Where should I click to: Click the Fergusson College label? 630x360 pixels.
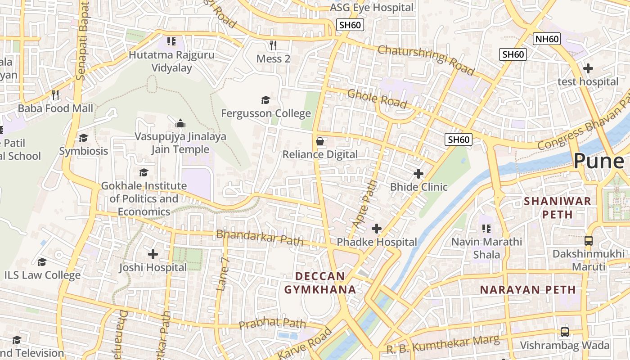(x=266, y=113)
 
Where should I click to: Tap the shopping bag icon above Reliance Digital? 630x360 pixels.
(x=320, y=141)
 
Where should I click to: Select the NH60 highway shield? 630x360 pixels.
(x=547, y=39)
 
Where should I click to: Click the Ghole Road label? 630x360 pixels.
(x=377, y=99)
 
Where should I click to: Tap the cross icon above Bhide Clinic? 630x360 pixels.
(x=418, y=173)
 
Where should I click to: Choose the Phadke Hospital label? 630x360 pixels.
(x=377, y=242)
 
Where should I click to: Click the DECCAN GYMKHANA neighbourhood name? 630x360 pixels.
(x=320, y=283)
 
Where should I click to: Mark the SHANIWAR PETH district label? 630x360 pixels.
(x=558, y=207)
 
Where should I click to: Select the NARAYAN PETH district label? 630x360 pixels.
(x=528, y=289)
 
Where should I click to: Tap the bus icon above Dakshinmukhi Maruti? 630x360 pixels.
(x=588, y=240)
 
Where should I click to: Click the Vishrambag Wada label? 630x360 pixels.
(x=565, y=346)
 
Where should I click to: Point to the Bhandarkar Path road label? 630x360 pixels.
(x=260, y=237)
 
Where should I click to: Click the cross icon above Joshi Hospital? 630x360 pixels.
(x=153, y=254)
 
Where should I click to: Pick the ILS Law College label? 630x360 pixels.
(x=42, y=275)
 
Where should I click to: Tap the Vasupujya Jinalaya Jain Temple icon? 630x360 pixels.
(x=180, y=123)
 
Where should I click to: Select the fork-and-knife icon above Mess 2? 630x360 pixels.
(x=273, y=45)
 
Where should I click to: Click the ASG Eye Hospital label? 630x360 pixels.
(x=371, y=8)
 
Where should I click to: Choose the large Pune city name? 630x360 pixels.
(x=598, y=161)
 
